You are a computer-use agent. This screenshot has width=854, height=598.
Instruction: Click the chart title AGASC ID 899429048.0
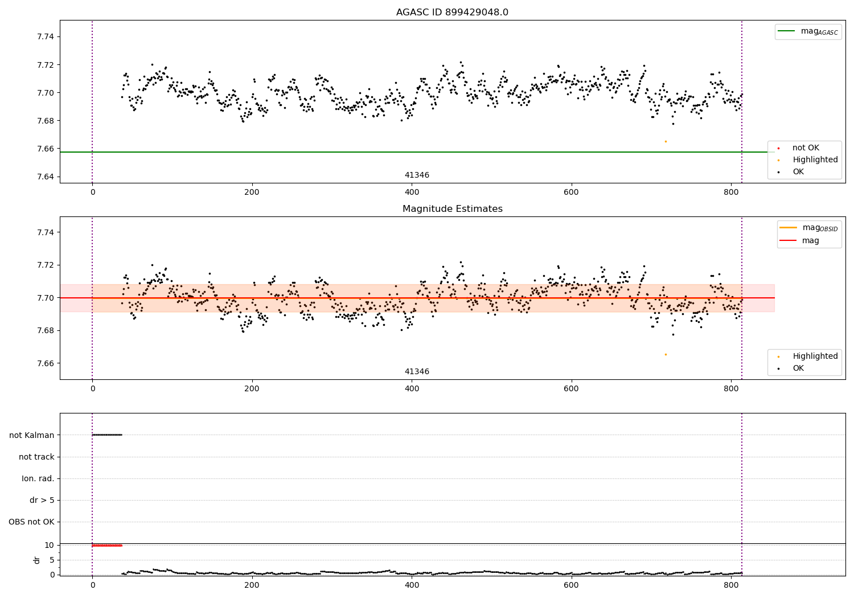[x=452, y=12]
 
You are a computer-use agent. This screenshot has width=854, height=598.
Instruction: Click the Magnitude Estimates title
[x=453, y=208]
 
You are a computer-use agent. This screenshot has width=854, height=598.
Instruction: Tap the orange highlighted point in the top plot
[x=666, y=141]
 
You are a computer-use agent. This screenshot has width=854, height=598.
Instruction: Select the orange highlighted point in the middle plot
[x=666, y=355]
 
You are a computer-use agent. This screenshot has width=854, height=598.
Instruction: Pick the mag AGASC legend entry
[x=808, y=31]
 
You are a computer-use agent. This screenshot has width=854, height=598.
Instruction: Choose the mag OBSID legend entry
[x=808, y=228]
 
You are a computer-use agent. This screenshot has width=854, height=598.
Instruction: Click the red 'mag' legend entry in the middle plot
[x=799, y=241]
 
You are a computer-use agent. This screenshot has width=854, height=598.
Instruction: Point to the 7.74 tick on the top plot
[x=46, y=36]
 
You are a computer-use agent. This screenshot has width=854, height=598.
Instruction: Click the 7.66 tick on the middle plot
[x=46, y=363]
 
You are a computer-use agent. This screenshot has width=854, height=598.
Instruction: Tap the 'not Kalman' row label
[x=32, y=435]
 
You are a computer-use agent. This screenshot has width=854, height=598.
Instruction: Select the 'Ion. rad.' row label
[x=38, y=478]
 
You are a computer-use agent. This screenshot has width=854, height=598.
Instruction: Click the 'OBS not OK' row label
[x=32, y=522]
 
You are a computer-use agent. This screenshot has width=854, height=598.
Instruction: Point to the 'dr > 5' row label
[x=42, y=500]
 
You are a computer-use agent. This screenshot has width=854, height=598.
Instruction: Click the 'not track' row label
[x=36, y=457]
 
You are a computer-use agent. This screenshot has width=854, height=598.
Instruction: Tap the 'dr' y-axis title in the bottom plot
[x=36, y=560]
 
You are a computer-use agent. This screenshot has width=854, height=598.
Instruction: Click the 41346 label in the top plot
[x=417, y=175]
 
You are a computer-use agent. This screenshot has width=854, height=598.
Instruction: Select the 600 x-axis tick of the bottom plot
[x=571, y=585]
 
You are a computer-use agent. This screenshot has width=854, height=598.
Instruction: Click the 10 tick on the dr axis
[x=50, y=546]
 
